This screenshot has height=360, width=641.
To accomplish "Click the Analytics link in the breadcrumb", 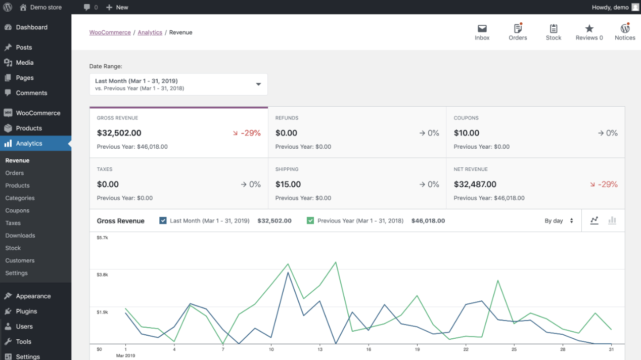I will [x=150, y=32].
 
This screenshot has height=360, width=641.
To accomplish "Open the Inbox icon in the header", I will [x=482, y=28].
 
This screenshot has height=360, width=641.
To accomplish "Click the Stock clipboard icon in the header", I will [x=554, y=28].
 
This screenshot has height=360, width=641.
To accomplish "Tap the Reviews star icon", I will [x=589, y=28].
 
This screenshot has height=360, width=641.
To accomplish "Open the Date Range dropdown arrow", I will [x=258, y=84].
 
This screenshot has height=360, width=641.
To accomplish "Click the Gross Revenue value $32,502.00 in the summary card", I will [x=119, y=133].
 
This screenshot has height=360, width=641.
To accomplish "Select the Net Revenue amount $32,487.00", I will [x=475, y=185].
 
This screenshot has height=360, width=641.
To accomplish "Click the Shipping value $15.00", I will [x=288, y=185].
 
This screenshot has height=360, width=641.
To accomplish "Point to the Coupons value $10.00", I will [x=467, y=133].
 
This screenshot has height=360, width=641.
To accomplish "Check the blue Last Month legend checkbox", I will [x=163, y=220].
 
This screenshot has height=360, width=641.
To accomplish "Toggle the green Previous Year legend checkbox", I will [x=310, y=220].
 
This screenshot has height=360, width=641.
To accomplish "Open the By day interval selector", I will [x=559, y=220].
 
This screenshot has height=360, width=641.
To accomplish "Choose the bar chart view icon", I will [x=612, y=220].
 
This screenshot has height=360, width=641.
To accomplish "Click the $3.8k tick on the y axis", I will [x=102, y=275].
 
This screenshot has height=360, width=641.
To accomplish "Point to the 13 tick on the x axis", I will [x=320, y=349].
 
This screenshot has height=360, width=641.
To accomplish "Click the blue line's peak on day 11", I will [x=288, y=272].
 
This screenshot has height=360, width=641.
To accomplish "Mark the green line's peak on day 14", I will [x=336, y=262].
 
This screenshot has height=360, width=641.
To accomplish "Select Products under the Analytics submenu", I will [x=18, y=186].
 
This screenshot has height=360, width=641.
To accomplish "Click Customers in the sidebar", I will [x=20, y=260].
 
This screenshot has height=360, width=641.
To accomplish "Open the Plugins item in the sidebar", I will [x=26, y=311].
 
